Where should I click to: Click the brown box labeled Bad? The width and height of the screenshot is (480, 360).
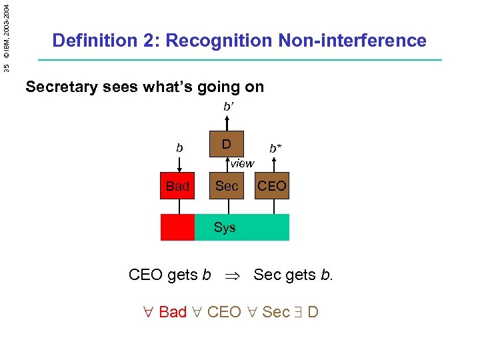178,186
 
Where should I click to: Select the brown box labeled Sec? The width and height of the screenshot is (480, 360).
227,186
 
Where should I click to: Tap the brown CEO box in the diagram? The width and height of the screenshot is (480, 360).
272,186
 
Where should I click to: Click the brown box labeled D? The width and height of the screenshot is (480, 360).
227,144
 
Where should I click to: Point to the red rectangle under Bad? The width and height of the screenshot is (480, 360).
177,227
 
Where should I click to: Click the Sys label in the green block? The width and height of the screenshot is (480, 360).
225,227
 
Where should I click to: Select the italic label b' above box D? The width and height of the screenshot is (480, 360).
228,105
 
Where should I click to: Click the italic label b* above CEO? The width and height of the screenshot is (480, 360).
275,148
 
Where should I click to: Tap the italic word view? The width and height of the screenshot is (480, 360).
241,163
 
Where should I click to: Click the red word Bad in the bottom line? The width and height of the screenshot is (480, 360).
173,312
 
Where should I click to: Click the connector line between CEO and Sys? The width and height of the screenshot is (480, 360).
273,206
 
